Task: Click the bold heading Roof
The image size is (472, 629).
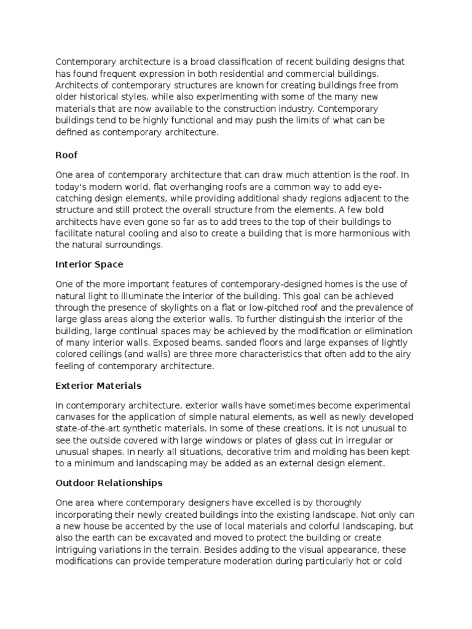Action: [66, 156]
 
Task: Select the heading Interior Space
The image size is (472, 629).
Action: [89, 264]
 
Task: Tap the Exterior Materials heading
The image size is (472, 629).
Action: [98, 386]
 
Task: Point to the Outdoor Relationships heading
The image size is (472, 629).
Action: [109, 483]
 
